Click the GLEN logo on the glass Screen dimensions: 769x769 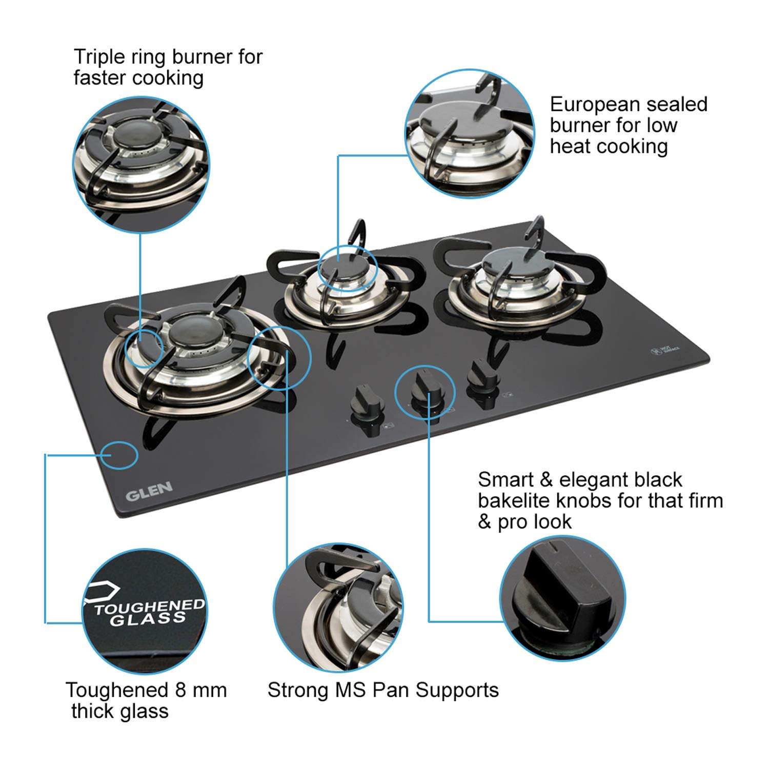(149, 491)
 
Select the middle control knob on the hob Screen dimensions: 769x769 (425, 391)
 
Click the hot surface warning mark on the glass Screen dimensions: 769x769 (665, 350)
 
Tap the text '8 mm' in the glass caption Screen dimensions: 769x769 (200, 690)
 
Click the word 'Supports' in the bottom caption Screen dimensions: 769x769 (457, 690)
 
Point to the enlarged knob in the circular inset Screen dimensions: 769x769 (562, 597)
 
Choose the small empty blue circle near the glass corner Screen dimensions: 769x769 (118, 455)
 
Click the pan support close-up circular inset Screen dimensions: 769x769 (338, 608)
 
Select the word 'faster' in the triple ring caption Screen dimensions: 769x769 (99, 78)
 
